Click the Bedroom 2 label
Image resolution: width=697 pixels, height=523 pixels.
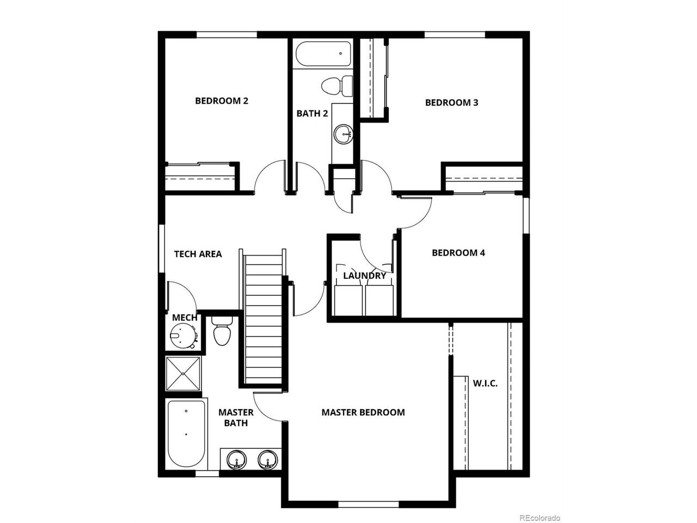(221, 101)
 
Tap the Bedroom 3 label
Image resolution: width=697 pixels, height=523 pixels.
(451, 102)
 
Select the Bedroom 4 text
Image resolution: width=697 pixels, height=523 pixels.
(458, 253)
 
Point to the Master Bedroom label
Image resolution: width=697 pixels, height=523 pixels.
(363, 412)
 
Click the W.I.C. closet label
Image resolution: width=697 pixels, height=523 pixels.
(485, 384)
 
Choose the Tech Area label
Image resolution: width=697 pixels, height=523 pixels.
(198, 254)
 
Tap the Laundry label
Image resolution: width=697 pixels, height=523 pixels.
(364, 275)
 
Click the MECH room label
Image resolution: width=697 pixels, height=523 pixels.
(185, 318)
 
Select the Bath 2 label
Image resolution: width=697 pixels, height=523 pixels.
(312, 113)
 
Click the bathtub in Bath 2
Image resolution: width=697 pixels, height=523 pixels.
(323, 54)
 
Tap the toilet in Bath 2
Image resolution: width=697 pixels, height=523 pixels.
(337, 86)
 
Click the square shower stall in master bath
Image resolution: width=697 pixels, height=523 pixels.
(184, 374)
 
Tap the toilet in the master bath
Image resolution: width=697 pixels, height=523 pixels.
(222, 331)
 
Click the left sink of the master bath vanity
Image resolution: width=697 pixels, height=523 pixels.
(236, 460)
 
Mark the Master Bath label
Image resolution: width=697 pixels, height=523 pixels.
(236, 417)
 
